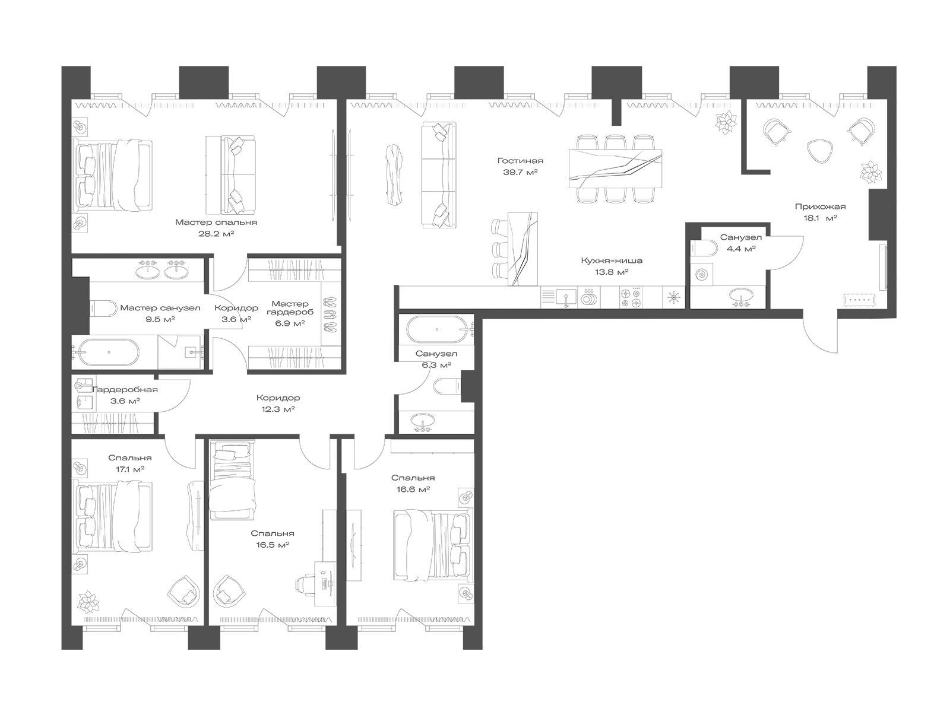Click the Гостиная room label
coord(520,161)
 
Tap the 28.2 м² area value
coord(216,234)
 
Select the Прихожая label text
coord(820,206)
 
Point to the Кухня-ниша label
coord(611,260)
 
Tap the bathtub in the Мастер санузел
coord(108,352)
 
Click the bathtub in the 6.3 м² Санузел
coord(437,329)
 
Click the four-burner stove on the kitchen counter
coord(631,298)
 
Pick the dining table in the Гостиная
coord(615,168)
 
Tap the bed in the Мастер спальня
coord(113,176)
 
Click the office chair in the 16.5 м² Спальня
coord(306,584)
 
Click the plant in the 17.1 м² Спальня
coord(88,602)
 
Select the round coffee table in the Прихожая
coord(818,152)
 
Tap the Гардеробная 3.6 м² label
coord(125,395)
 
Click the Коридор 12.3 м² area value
coord(278,409)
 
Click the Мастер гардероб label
coord(290,308)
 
